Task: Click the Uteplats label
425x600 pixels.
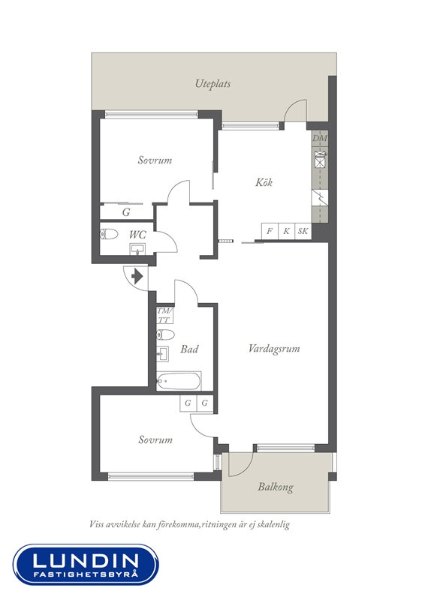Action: pyautogui.click(x=212, y=84)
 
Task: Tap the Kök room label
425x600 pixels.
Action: pyautogui.click(x=264, y=182)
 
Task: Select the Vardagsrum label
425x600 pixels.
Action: pyautogui.click(x=274, y=349)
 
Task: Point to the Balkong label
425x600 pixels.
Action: pyautogui.click(x=276, y=487)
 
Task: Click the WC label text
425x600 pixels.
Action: pyautogui.click(x=137, y=235)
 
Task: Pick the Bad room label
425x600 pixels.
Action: pyautogui.click(x=189, y=349)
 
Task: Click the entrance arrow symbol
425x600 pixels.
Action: pyautogui.click(x=137, y=275)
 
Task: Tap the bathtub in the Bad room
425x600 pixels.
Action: pyautogui.click(x=178, y=381)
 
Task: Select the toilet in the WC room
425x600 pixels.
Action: pyautogui.click(x=109, y=234)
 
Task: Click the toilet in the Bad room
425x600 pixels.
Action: pyautogui.click(x=165, y=334)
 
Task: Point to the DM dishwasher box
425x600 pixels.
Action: pyautogui.click(x=320, y=138)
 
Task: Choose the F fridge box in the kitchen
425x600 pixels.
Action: pyautogui.click(x=270, y=231)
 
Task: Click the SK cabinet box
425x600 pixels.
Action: pyautogui.click(x=303, y=231)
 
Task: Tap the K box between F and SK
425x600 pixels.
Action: pyautogui.click(x=287, y=231)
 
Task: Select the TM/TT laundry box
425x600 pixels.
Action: pyautogui.click(x=164, y=315)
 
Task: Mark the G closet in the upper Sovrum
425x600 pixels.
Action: pyautogui.click(x=126, y=211)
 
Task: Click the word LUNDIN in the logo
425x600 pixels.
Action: pyautogui.click(x=86, y=561)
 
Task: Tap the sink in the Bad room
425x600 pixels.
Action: pyautogui.click(x=163, y=354)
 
